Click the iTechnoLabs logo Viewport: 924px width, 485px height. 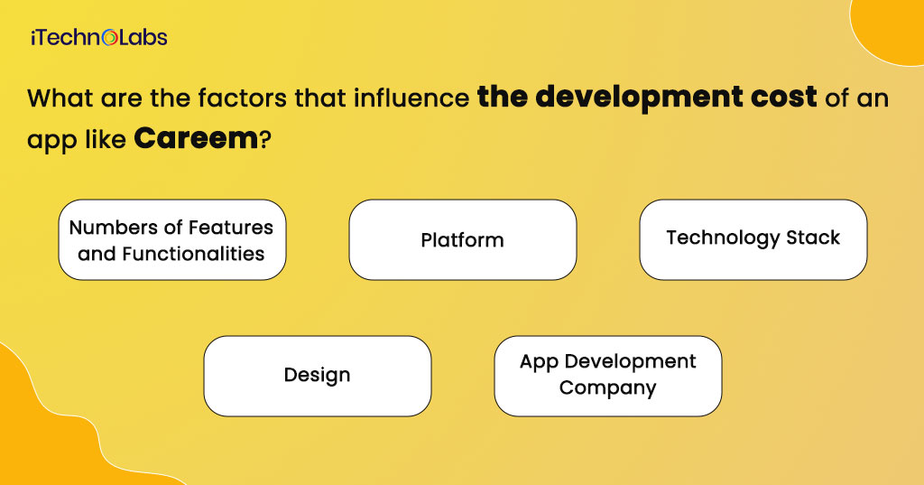pos(99,38)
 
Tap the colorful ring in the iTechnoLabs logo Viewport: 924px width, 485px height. pos(110,38)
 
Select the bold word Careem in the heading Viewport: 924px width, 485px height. pos(196,139)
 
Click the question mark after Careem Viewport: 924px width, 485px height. pos(264,139)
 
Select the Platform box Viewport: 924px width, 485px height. pos(463,239)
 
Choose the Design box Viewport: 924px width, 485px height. pos(318,376)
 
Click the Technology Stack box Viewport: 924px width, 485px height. pos(753,239)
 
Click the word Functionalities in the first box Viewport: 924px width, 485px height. pos(193,254)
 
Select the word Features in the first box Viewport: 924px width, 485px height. pos(231,228)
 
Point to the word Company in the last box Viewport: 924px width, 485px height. pos(607,388)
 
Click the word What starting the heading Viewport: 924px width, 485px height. pos(60,98)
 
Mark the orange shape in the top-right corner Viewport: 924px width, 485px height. pos(891,26)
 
